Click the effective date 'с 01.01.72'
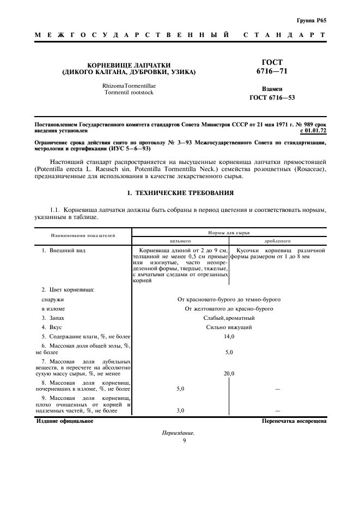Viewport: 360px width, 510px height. (x=313, y=131)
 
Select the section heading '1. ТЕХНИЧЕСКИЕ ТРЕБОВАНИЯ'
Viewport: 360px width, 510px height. (x=180, y=192)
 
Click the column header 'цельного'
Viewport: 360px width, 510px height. (x=180, y=240)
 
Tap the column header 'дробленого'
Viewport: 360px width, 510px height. (x=277, y=240)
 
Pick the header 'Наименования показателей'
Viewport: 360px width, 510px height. (x=83, y=236)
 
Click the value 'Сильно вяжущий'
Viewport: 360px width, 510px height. (x=229, y=327)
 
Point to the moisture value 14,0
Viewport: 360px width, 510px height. (x=229, y=337)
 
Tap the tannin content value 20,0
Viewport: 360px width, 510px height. (x=229, y=374)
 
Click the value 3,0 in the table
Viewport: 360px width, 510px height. (x=180, y=410)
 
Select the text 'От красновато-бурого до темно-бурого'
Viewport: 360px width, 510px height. (x=229, y=299)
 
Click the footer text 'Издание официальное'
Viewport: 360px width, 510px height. (x=64, y=421)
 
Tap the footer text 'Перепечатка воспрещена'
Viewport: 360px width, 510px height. (x=294, y=421)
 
